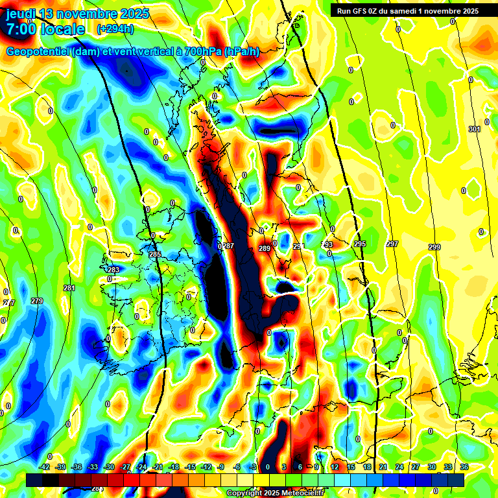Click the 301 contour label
pyautogui.click(x=475, y=130)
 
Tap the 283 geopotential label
pyautogui.click(x=113, y=270)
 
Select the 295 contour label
pyautogui.click(x=360, y=244)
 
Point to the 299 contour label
pyautogui.click(x=434, y=248)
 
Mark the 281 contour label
pyautogui.click(x=69, y=288)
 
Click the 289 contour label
pyautogui.click(x=264, y=248)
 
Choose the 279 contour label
pyautogui.click(x=37, y=301)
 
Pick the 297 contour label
pyautogui.click(x=392, y=244)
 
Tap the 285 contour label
pyautogui.click(x=155, y=254)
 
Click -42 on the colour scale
pyautogui.click(x=45, y=467)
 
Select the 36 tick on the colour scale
pyautogui.click(x=464, y=467)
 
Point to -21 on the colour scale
pyautogui.click(x=158, y=467)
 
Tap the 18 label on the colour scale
pyautogui.click(x=367, y=467)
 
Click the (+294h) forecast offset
pyautogui.click(x=115, y=29)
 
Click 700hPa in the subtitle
pyautogui.click(x=202, y=51)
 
